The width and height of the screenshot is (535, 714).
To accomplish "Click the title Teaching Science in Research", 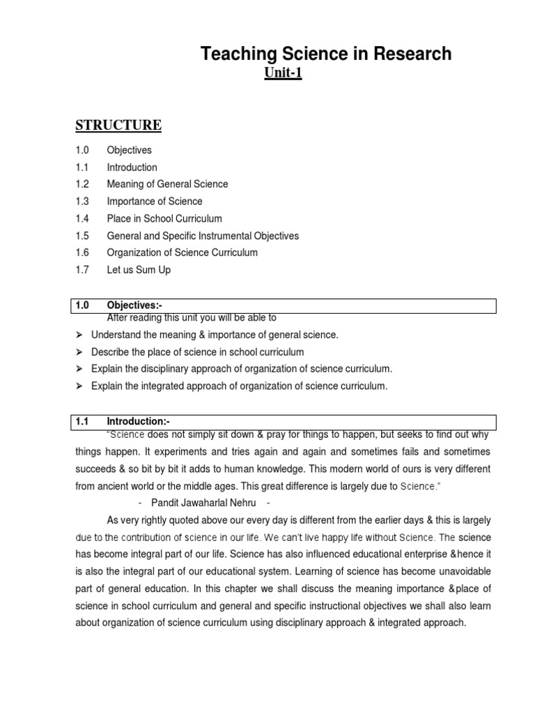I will point(326,54).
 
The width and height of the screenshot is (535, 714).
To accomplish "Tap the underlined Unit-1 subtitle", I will point(283,73).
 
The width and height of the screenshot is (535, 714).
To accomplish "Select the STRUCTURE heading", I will point(118,126).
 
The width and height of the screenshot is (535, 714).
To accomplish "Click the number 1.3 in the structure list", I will point(82,202).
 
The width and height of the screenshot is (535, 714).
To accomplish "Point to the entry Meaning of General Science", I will point(167,184).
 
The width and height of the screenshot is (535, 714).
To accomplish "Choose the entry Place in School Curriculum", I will point(164,218).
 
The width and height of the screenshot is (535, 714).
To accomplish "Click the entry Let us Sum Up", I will point(139,270).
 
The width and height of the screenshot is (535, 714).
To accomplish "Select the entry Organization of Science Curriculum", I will point(182,252).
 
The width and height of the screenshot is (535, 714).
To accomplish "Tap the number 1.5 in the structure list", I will point(82,236).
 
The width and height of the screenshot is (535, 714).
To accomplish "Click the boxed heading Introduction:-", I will point(138,421).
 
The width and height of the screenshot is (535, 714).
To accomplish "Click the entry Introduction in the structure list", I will point(132,167).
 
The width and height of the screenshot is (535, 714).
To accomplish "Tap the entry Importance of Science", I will point(155,202).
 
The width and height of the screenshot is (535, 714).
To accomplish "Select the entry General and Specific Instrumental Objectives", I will point(203,236).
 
